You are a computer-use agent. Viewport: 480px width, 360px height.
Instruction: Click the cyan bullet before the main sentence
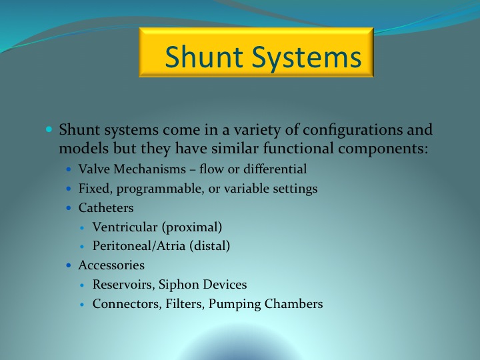point(49,129)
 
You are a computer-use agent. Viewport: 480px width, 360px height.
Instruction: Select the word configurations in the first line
point(353,130)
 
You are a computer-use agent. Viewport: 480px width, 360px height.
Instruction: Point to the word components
point(383,149)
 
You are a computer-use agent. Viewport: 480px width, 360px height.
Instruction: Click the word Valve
point(94,169)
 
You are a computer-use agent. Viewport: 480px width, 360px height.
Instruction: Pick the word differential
point(275,169)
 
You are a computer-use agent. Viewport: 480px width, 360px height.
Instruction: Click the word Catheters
point(106,208)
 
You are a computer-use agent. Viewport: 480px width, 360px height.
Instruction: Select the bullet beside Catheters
point(69,208)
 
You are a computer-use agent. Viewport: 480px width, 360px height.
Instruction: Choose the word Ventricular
point(125,227)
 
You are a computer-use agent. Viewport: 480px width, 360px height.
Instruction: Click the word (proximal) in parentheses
point(192,227)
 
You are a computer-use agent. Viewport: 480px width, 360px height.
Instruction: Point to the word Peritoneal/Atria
point(139,246)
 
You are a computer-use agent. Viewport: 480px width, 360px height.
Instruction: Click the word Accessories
point(111,265)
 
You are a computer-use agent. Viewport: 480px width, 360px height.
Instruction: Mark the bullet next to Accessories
point(69,265)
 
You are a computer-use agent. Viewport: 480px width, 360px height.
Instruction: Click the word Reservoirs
point(124,285)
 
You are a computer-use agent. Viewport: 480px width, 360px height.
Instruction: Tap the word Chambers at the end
point(293,304)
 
